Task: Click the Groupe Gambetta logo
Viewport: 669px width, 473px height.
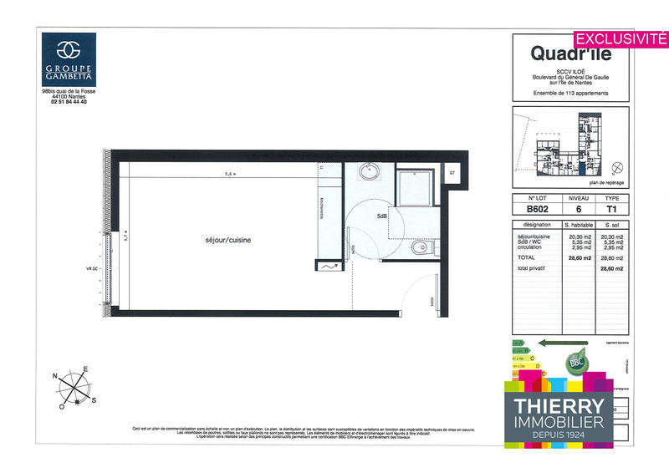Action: (69, 59)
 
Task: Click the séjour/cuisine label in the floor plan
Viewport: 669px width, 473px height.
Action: (228, 241)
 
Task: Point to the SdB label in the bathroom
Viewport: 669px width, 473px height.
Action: (381, 215)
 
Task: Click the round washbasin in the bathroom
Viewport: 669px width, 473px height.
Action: (370, 173)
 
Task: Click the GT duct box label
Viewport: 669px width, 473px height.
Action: (452, 173)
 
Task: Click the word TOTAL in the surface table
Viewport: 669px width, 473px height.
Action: (528, 258)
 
